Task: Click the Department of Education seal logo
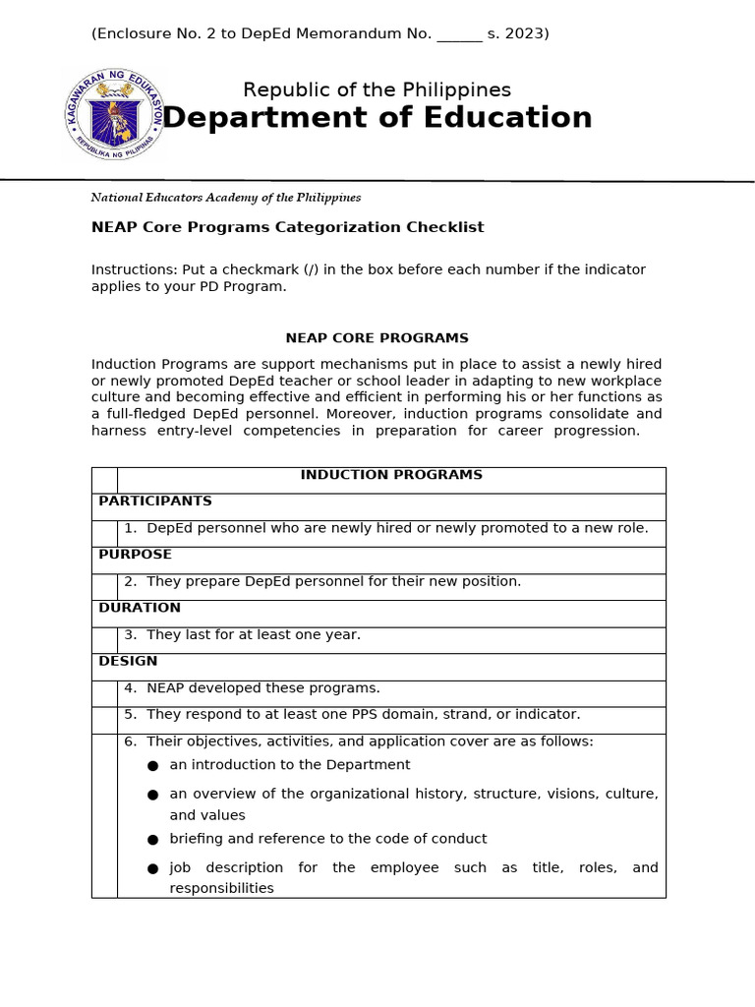[x=114, y=115]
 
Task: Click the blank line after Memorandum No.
[x=459, y=34]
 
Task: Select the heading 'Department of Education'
[x=377, y=118]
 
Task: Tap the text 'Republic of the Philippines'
[x=377, y=90]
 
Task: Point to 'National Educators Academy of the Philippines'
[x=226, y=198]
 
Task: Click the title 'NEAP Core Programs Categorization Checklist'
[x=287, y=227]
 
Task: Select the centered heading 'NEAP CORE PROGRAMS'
[x=377, y=338]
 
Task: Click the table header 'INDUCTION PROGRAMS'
[x=390, y=475]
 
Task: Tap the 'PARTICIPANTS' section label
[x=155, y=502]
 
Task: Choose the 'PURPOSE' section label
[x=136, y=555]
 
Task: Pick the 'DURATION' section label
[x=140, y=608]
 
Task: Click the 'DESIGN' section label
[x=128, y=661]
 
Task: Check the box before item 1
[x=104, y=533]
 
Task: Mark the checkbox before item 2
[x=104, y=586]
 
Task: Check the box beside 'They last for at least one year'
[x=104, y=639]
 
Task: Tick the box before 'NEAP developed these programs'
[x=104, y=693]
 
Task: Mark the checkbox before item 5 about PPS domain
[x=104, y=720]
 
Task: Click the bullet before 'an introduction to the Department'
[x=152, y=766]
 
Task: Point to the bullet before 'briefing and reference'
[x=152, y=840]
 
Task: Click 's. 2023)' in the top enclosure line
[x=518, y=34]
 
